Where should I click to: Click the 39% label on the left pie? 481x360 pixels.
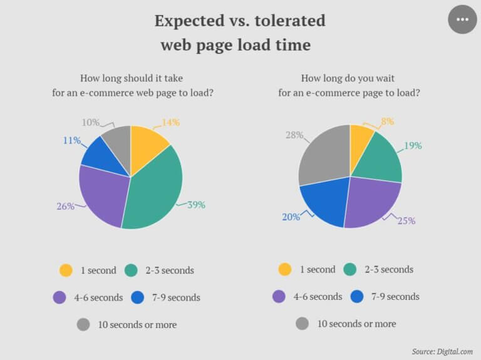point(196,205)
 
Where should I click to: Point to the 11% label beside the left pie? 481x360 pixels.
point(72,140)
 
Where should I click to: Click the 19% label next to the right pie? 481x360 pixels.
point(412,145)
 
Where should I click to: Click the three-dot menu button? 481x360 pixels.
point(462,19)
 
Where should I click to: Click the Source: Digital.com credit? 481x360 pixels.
point(442,351)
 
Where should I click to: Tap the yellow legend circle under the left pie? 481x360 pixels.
point(66,270)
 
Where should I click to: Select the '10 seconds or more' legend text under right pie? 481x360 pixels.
point(356,324)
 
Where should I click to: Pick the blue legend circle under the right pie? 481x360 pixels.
point(357,296)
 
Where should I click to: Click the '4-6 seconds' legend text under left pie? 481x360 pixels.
point(98,297)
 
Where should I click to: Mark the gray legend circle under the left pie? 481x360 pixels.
point(83,324)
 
